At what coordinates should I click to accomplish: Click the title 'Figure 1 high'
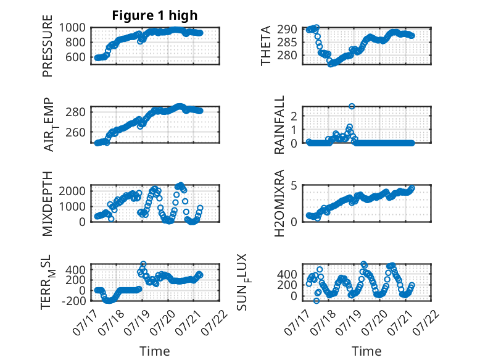155,15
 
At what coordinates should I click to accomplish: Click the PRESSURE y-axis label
48,46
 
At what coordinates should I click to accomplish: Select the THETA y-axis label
266,46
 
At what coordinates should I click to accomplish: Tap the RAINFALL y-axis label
279,125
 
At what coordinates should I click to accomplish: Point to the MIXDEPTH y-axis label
48,204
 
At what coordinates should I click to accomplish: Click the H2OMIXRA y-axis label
279,203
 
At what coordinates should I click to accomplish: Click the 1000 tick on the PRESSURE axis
72,28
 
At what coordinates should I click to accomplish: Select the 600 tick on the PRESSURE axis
75,57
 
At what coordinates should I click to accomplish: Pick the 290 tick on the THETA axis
287,30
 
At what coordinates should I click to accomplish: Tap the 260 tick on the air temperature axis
75,132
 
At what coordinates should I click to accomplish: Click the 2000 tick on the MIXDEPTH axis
72,191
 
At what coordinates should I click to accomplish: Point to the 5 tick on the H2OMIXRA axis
294,186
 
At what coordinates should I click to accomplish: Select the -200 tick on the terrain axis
73,301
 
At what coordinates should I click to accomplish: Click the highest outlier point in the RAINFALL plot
352,106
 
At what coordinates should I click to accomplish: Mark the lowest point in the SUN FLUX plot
317,301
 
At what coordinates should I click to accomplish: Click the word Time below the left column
155,351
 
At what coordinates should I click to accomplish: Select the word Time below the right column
366,351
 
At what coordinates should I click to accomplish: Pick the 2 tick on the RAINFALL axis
294,117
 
